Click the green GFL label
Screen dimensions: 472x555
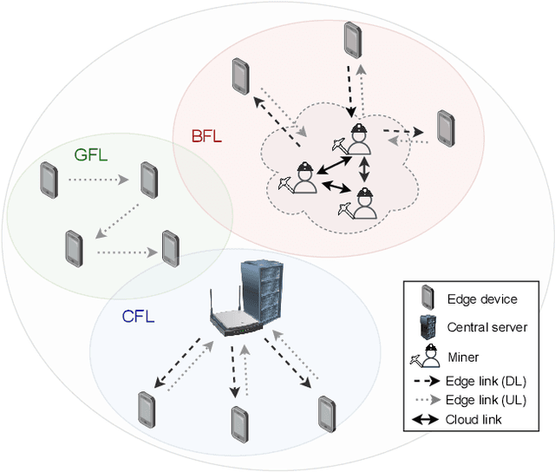coord(90,155)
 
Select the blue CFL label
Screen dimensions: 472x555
coord(138,318)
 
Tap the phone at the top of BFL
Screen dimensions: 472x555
coord(351,38)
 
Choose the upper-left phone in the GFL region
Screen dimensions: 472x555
coord(48,180)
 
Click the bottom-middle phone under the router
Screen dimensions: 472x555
coord(240,423)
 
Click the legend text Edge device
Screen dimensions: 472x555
coord(481,299)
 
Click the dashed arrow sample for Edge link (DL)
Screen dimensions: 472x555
coord(424,380)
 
